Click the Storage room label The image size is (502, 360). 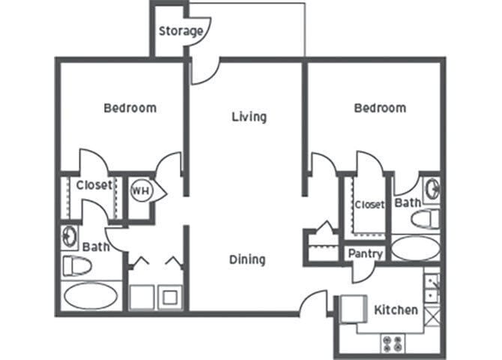(181, 31)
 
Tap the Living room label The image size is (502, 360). (249, 116)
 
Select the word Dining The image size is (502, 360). (247, 259)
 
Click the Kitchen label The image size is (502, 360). (395, 309)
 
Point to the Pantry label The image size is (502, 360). (365, 253)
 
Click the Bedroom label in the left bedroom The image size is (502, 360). (130, 107)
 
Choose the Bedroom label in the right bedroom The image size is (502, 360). (380, 107)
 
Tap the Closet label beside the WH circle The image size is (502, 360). (94, 184)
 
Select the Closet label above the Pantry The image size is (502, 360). (369, 204)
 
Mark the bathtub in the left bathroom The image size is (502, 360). (90, 295)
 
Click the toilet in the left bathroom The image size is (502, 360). (76, 265)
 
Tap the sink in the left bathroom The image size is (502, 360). (69, 237)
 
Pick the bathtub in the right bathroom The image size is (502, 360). (416, 248)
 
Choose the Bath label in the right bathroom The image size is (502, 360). (407, 202)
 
